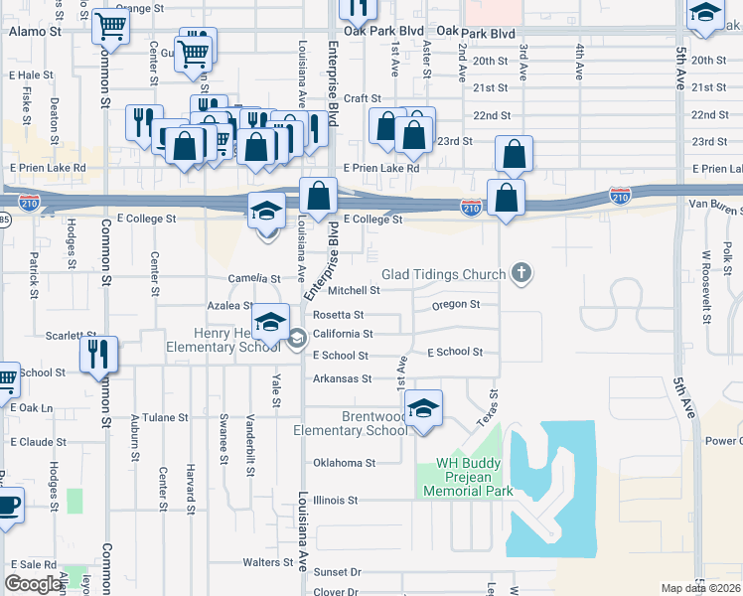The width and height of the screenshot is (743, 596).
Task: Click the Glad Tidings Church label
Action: coord(444,273)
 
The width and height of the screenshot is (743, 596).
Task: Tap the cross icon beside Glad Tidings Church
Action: coord(520,272)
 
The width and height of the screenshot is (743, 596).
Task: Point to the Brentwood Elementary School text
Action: coord(351,423)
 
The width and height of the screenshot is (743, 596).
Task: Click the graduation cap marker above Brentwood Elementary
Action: coord(424,408)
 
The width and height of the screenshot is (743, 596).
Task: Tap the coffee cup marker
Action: coord(8,505)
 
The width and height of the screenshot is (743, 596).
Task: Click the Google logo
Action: coord(33,584)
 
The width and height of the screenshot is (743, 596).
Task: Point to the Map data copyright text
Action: coord(701,588)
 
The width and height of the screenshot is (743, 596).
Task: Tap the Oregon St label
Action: coord(456,304)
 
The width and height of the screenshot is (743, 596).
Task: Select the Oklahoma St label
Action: coord(344,463)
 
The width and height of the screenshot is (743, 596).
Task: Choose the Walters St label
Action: coord(267,562)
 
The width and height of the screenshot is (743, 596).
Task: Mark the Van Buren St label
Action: coord(715,204)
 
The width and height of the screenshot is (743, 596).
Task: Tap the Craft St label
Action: coord(363,98)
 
